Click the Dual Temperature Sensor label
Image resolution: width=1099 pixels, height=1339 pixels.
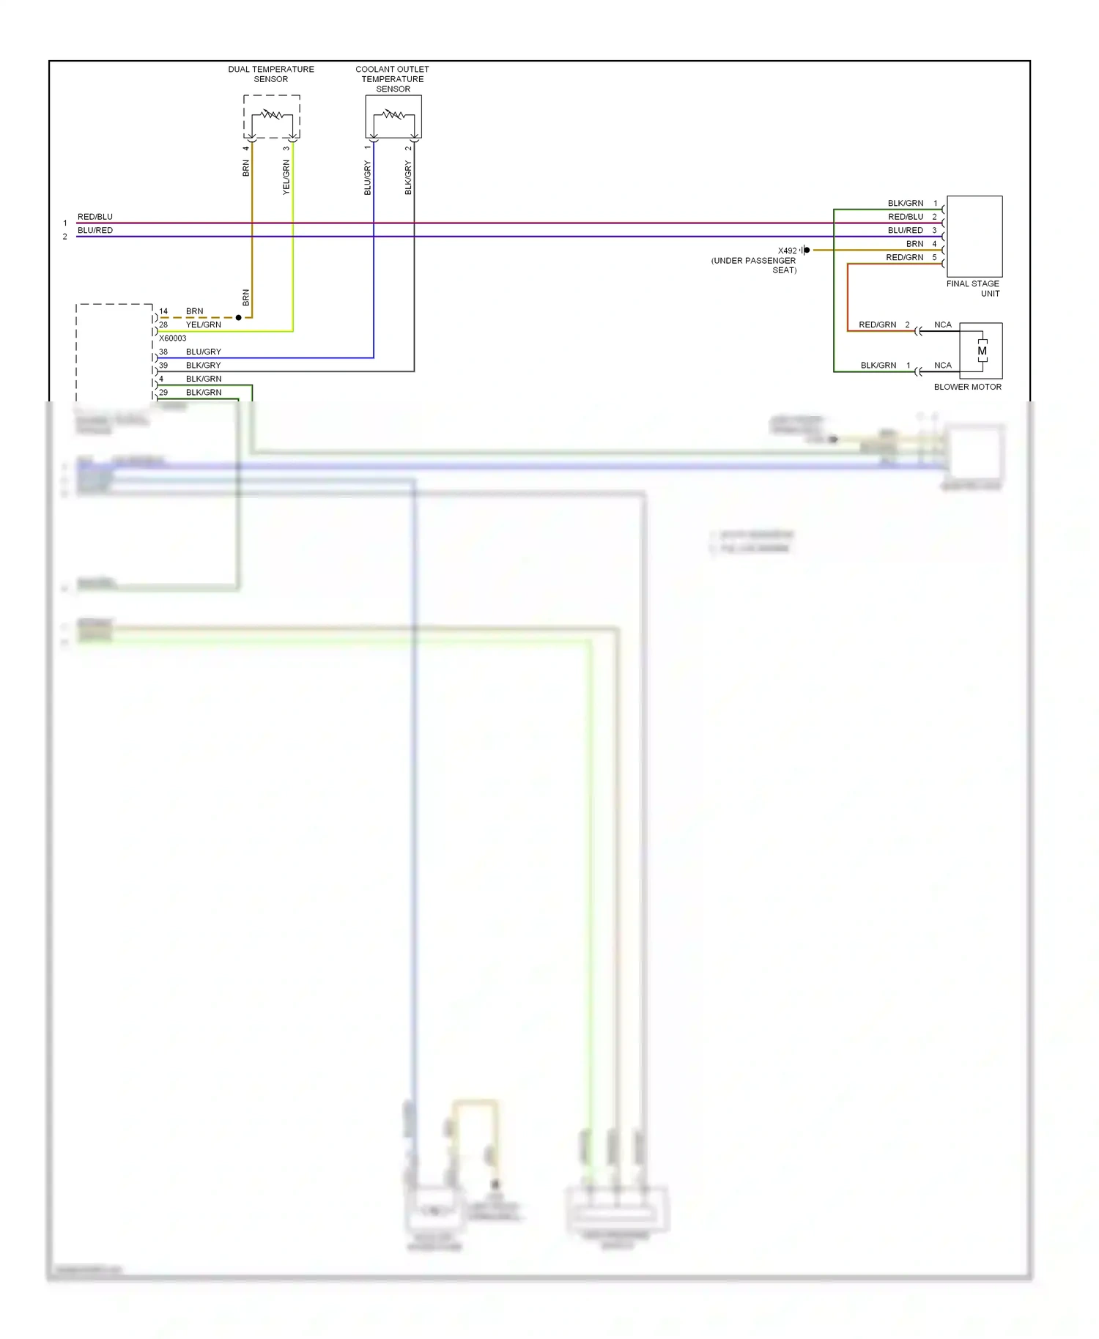coord(270,74)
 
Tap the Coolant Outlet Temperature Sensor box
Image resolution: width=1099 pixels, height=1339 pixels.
coord(393,116)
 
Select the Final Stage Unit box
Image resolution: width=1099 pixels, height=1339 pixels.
coord(974,236)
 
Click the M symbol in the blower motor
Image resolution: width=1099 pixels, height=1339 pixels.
coord(982,351)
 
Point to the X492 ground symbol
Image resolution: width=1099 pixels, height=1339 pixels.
coord(805,251)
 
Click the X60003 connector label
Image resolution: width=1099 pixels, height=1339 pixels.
coord(173,338)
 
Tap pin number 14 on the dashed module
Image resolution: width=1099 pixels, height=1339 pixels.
coord(163,311)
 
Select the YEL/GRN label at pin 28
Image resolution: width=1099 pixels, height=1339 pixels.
coord(203,324)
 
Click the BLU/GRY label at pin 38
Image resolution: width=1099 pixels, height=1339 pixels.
coord(203,352)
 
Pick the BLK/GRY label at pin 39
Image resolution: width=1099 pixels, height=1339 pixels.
coord(203,365)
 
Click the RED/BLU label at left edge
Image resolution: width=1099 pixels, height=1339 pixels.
coord(95,217)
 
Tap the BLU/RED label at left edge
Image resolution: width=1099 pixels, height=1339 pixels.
coord(95,230)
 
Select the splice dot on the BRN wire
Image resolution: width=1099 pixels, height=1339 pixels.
coord(238,318)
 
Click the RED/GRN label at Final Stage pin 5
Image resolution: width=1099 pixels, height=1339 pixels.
coord(904,257)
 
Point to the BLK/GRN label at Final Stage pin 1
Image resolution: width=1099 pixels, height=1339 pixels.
coord(906,203)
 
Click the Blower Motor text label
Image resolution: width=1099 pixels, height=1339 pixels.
coord(967,387)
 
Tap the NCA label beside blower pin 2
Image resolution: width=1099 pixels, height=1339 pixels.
coord(942,324)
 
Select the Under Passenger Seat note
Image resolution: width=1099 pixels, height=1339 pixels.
coord(754,265)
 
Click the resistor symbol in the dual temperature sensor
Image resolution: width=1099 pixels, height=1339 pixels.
coord(272,114)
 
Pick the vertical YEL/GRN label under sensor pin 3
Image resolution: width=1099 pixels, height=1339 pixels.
coord(286,177)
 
